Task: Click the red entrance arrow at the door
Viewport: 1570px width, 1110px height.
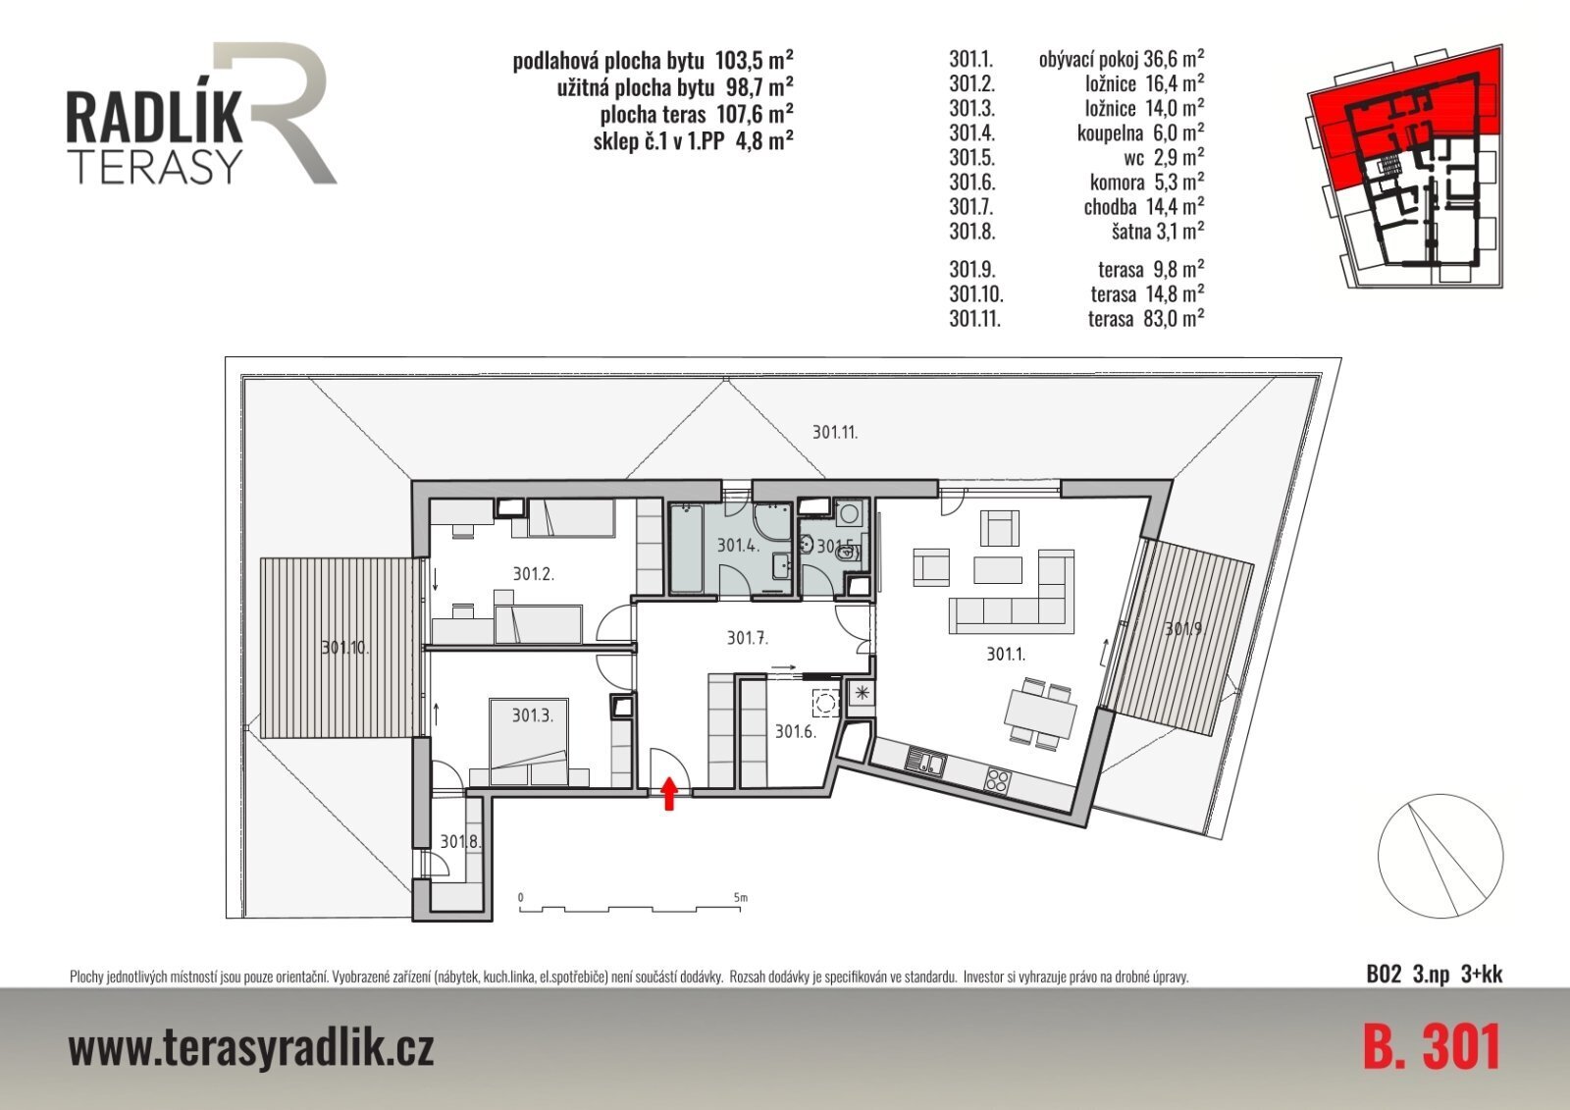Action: coord(669,794)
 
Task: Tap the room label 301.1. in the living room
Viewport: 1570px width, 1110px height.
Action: coord(1006,655)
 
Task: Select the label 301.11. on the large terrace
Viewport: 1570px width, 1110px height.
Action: coord(835,433)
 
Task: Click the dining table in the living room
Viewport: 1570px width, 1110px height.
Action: coord(1040,714)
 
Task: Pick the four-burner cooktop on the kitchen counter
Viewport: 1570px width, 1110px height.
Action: coord(997,780)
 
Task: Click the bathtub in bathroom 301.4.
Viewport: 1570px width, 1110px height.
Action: coord(687,547)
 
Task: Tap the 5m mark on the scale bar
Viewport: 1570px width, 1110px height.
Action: coord(740,898)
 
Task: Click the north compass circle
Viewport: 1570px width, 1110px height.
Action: coord(1440,856)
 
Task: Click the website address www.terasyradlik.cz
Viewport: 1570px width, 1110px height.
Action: coord(251,1048)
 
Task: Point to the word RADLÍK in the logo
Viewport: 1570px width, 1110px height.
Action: coord(154,117)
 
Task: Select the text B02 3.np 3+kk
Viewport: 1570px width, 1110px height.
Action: coord(1435,974)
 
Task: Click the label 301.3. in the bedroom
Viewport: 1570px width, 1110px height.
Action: coord(532,715)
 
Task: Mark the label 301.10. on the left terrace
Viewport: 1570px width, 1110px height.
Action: coord(344,647)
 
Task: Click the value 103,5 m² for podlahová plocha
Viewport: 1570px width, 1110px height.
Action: coord(755,60)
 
